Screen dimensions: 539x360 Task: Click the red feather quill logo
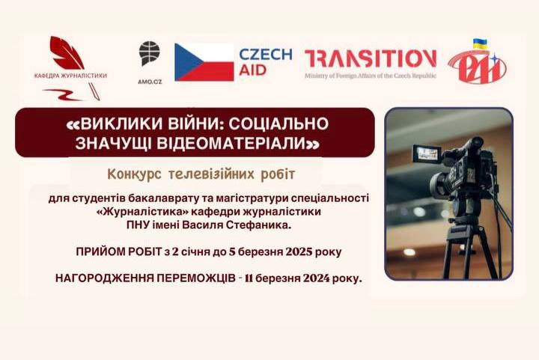point(67,52)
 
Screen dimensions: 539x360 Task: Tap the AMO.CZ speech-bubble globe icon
point(149,53)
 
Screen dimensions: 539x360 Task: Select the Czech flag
point(204,62)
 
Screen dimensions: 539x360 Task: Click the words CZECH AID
point(265,62)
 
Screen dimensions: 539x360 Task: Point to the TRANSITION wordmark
point(371,58)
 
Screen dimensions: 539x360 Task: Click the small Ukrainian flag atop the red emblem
point(480,43)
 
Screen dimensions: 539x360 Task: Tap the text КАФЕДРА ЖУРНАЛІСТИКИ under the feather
point(70,76)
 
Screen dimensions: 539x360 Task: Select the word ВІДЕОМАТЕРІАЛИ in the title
point(231,143)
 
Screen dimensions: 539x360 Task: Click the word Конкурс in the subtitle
point(134,174)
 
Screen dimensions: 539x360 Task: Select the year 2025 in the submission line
point(299,251)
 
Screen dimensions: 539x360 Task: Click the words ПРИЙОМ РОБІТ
point(118,251)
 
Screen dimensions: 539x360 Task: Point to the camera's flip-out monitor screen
point(427,153)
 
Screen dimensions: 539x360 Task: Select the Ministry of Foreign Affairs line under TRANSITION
point(371,76)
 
